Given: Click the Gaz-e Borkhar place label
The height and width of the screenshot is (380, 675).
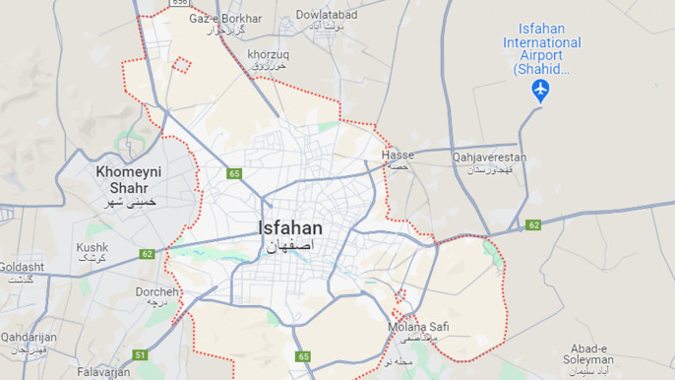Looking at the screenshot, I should tap(225, 19).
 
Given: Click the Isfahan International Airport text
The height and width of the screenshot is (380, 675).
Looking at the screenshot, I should tap(541, 42).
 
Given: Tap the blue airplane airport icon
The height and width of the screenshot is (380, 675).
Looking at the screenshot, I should tap(540, 91).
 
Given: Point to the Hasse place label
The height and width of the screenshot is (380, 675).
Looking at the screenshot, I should tap(398, 156).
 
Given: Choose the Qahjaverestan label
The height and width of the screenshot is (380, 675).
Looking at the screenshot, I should tap(489, 158).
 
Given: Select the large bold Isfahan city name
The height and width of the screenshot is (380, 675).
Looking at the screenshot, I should tap(289, 228).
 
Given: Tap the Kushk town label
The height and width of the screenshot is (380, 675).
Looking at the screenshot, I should tap(92, 247).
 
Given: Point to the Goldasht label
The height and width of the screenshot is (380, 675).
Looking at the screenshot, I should tap(21, 267).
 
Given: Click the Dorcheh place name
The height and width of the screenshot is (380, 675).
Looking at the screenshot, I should tap(157, 292).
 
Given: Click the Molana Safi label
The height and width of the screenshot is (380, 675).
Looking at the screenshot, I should tap(418, 327).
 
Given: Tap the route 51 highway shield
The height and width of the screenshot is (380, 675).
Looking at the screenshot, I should tap(141, 354).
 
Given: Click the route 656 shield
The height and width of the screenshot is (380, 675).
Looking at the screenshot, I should tap(178, 3).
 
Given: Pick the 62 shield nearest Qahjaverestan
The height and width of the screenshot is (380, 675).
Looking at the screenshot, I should tap(533, 225).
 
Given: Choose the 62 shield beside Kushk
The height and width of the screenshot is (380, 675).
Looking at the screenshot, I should tap(147, 254).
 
